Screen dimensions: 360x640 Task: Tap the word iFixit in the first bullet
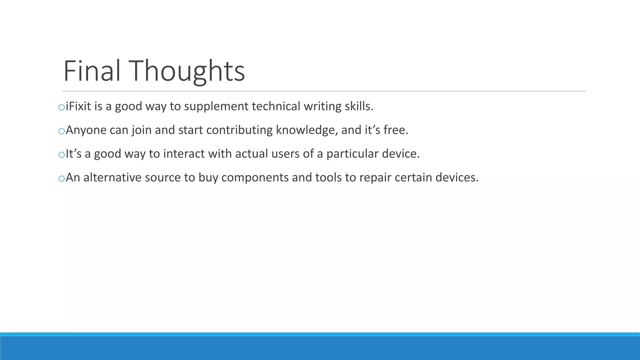[78, 106]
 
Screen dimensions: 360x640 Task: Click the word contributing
[239, 130]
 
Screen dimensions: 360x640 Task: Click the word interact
[184, 154]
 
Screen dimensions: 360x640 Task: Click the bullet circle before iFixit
[62, 107]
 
